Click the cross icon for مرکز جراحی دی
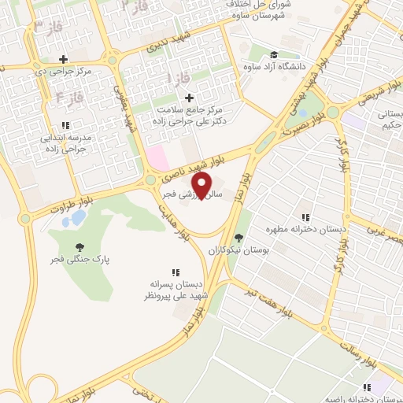point(63,58)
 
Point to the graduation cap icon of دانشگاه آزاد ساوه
point(273,54)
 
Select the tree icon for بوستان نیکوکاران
point(238,238)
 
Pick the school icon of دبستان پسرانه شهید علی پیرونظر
point(175,271)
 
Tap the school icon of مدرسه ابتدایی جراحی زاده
point(67,124)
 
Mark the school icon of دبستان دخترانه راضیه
point(367,387)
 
